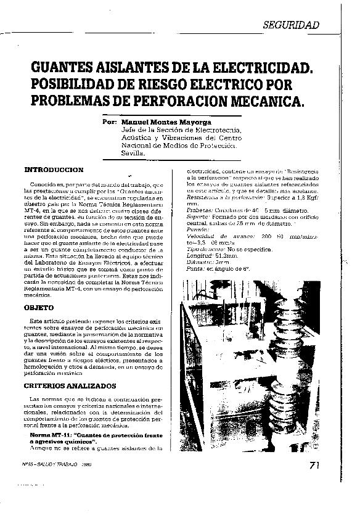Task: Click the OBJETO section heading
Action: (x=39, y=306)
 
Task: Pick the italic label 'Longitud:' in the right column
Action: (x=198, y=254)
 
